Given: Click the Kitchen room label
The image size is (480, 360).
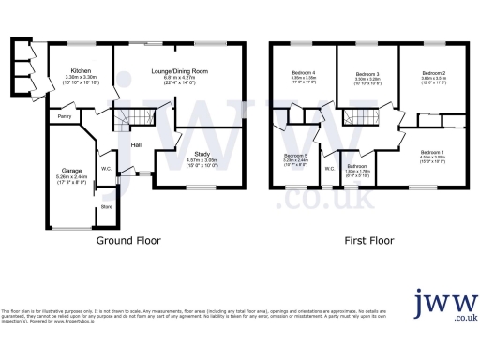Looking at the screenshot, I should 80,70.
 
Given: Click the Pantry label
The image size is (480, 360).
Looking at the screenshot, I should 64,116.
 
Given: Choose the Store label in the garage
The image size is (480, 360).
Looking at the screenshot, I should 106,206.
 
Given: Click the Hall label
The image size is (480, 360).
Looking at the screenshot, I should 136,144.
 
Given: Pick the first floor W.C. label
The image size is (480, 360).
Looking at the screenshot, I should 329,169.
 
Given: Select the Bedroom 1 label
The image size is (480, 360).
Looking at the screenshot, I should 432,152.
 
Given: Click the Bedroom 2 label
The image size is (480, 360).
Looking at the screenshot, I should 432,72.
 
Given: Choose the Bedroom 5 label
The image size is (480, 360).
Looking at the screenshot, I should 295,156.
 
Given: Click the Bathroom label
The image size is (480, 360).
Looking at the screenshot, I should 358,165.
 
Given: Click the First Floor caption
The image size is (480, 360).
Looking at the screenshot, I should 367,240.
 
